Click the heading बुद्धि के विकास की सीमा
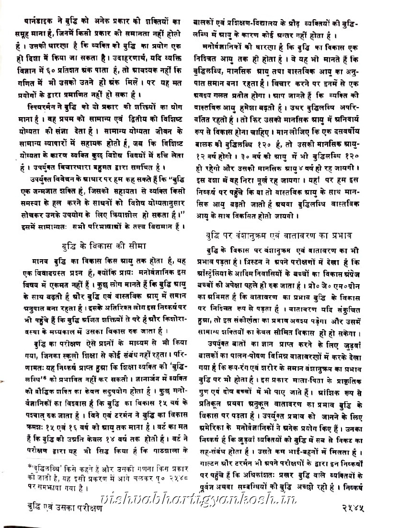pyautogui.click(x=103, y=246)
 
